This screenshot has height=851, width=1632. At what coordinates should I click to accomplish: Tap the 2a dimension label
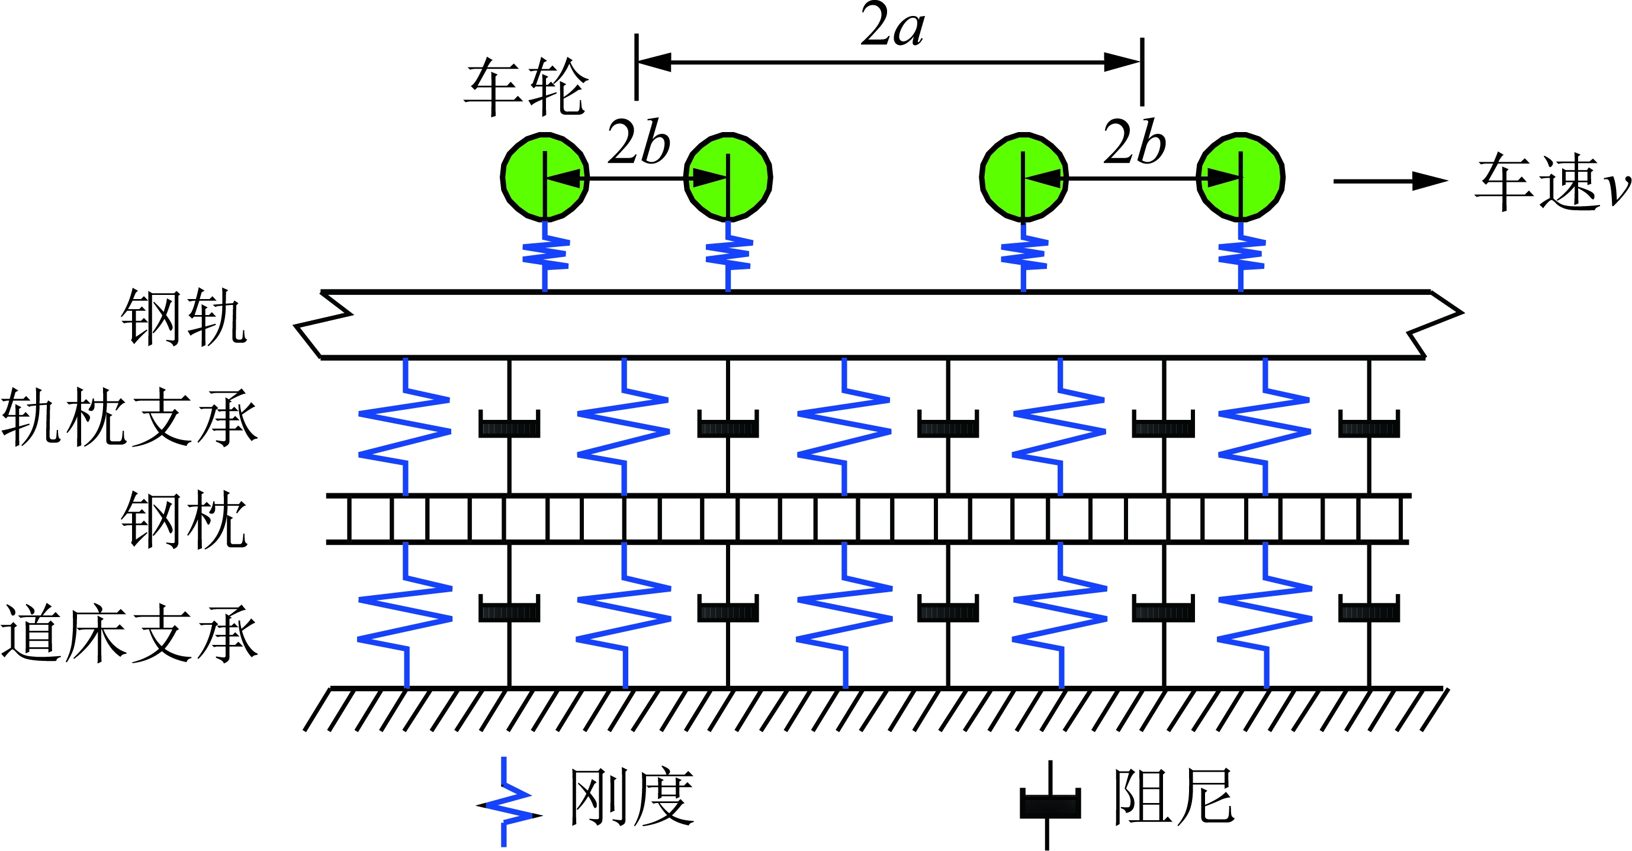tap(892, 27)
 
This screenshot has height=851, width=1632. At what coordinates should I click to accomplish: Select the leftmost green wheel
tap(545, 178)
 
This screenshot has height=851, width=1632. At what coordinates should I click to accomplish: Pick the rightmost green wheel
tap(1240, 178)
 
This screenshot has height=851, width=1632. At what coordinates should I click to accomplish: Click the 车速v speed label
tap(1552, 182)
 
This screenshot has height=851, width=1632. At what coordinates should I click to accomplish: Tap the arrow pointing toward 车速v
tap(1390, 181)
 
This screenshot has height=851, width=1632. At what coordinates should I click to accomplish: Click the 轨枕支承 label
tap(130, 416)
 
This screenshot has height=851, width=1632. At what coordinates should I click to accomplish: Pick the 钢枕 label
tap(184, 519)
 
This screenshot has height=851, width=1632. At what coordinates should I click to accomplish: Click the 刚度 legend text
tap(632, 797)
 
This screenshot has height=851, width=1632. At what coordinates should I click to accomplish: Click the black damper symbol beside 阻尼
tap(1050, 804)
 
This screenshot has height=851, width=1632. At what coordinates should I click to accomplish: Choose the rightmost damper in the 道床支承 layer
tap(1368, 609)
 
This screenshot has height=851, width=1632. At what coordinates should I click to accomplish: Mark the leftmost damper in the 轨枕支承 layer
tap(509, 425)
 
